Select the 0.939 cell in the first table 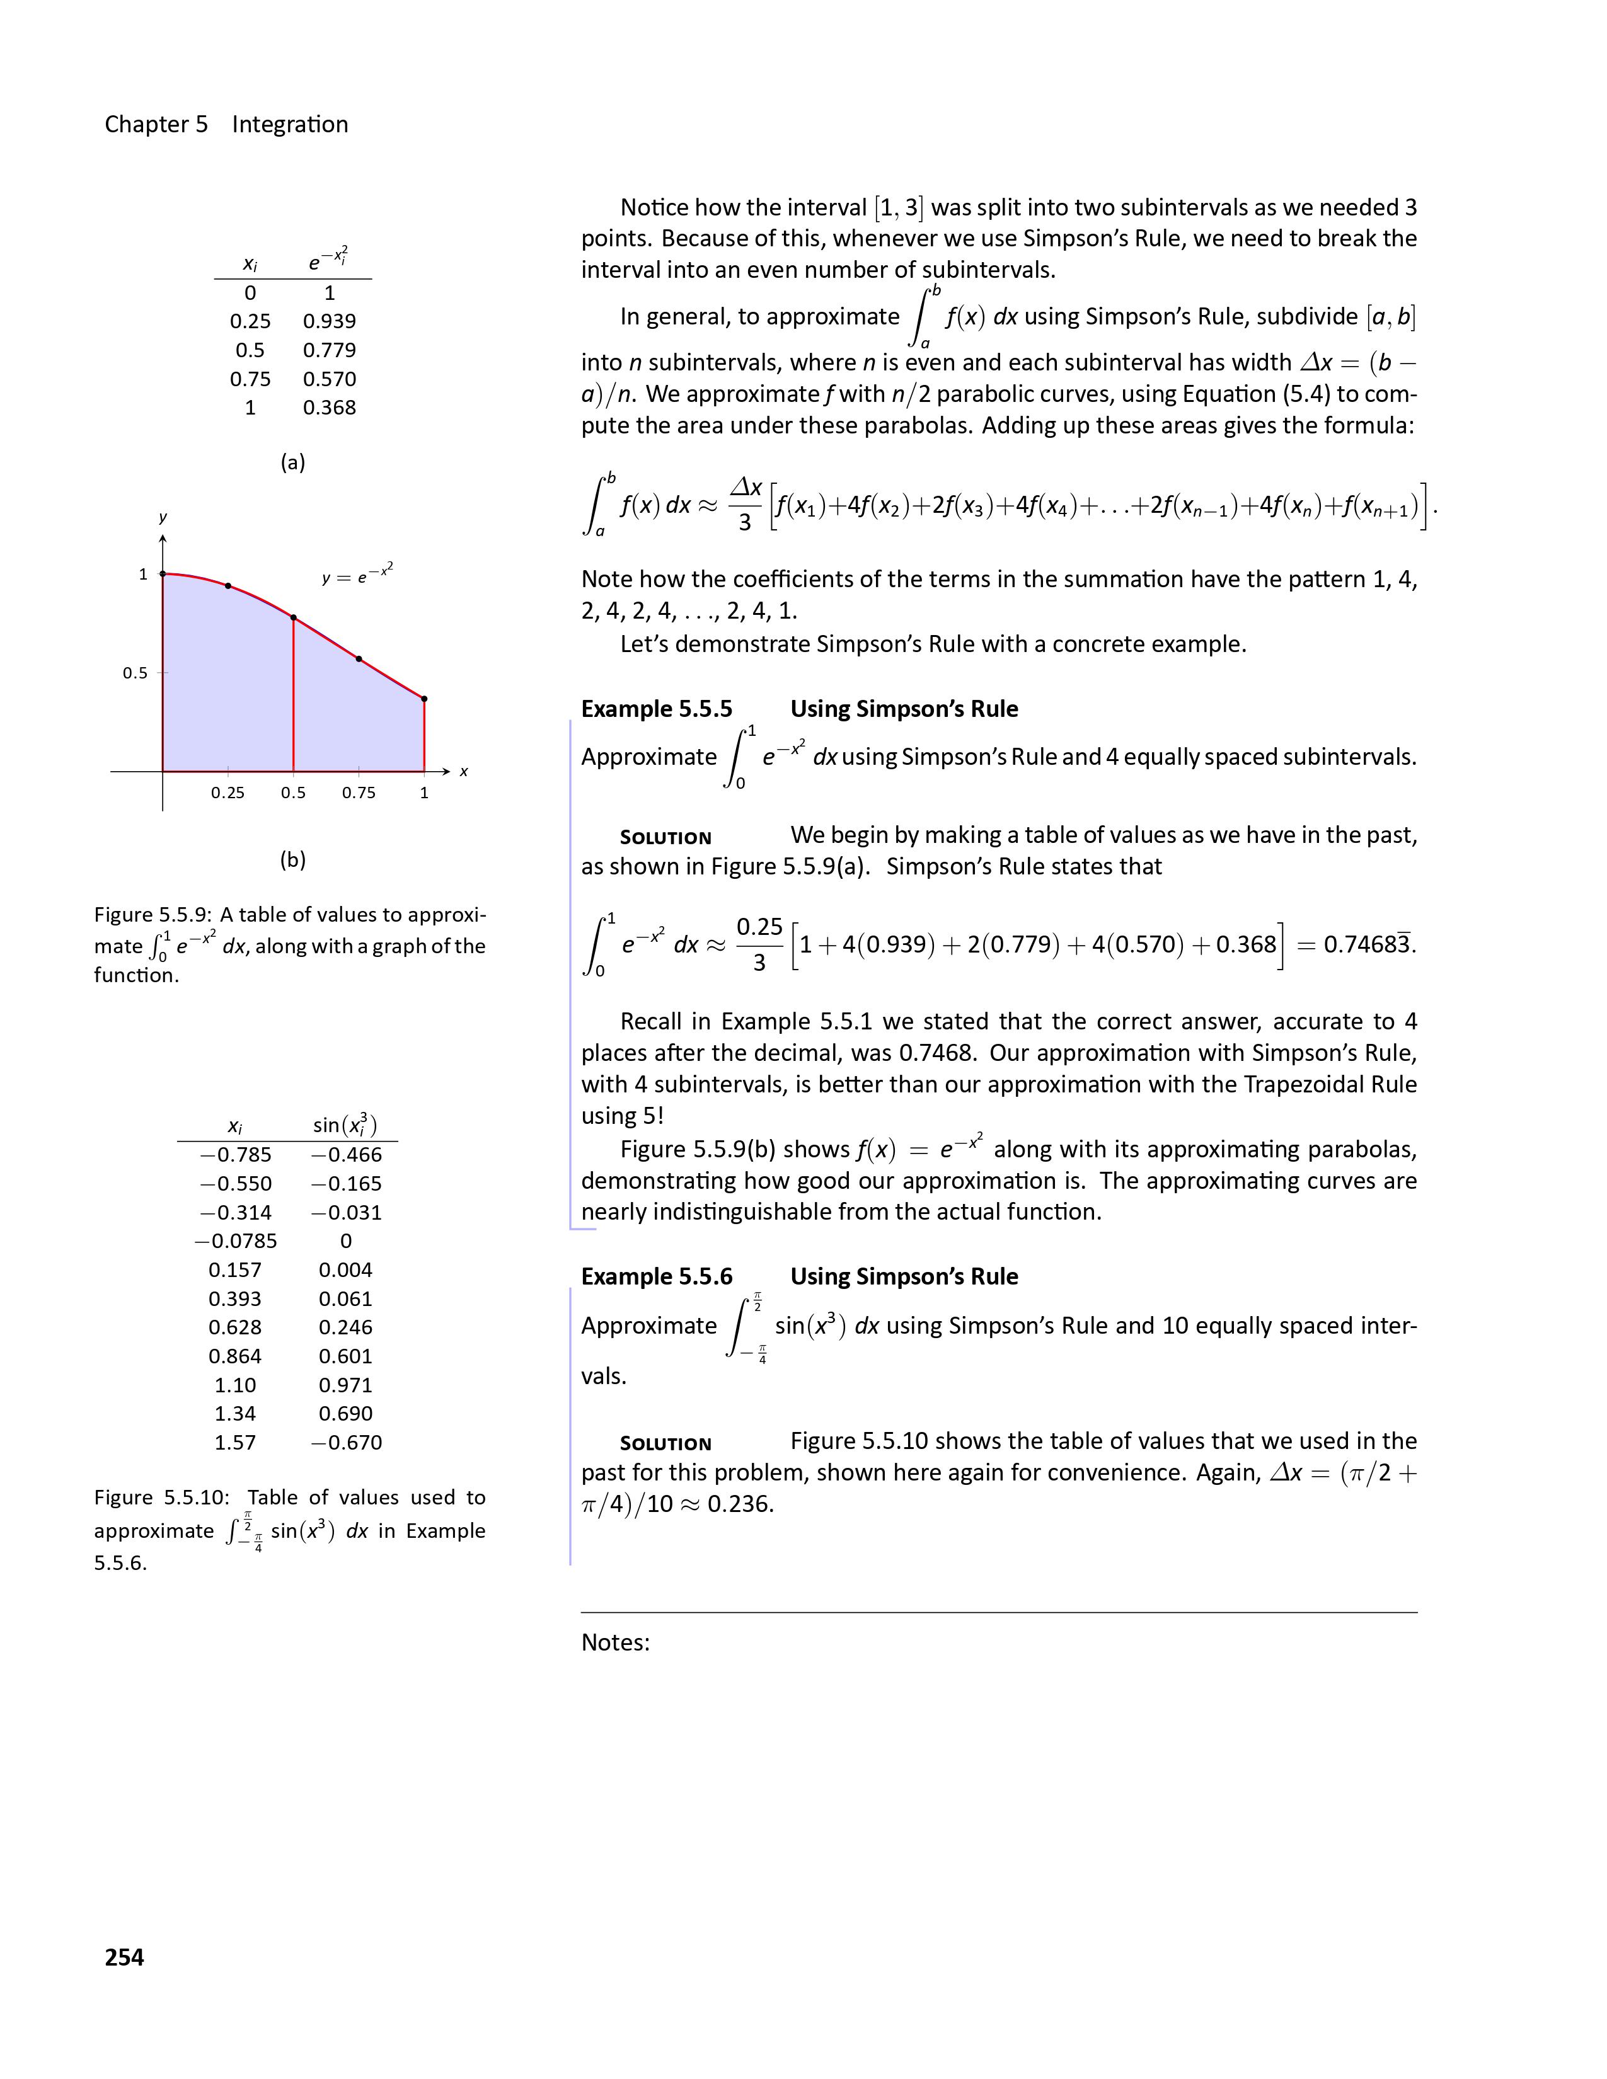(330, 322)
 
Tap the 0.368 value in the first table (330, 408)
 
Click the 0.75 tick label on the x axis (359, 793)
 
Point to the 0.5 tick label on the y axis (135, 673)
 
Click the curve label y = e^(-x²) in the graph (357, 575)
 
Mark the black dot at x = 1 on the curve (425, 699)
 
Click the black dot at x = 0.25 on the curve (228, 585)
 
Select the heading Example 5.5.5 (657, 709)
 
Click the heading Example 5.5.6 (657, 1276)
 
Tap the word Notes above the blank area (615, 1643)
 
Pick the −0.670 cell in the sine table (347, 1442)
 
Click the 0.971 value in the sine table (345, 1385)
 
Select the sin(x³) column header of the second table (345, 1125)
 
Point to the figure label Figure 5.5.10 (161, 1498)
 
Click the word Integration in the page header (291, 125)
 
